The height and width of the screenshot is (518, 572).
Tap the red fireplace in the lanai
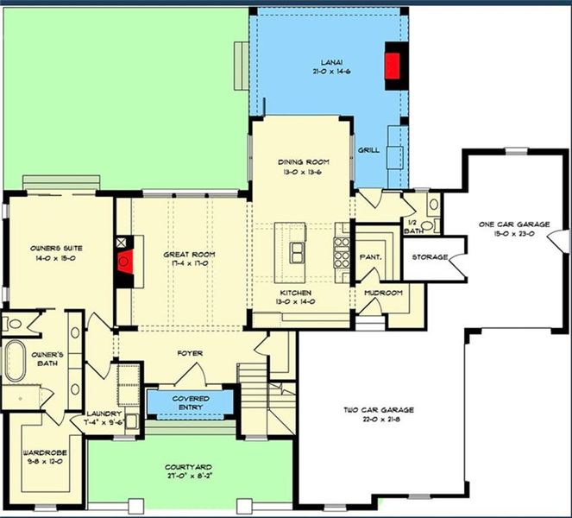[394, 66]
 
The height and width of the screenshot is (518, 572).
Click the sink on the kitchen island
[298, 251]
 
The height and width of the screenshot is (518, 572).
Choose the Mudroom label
[383, 293]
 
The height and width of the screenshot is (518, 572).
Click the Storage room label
[429, 257]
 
